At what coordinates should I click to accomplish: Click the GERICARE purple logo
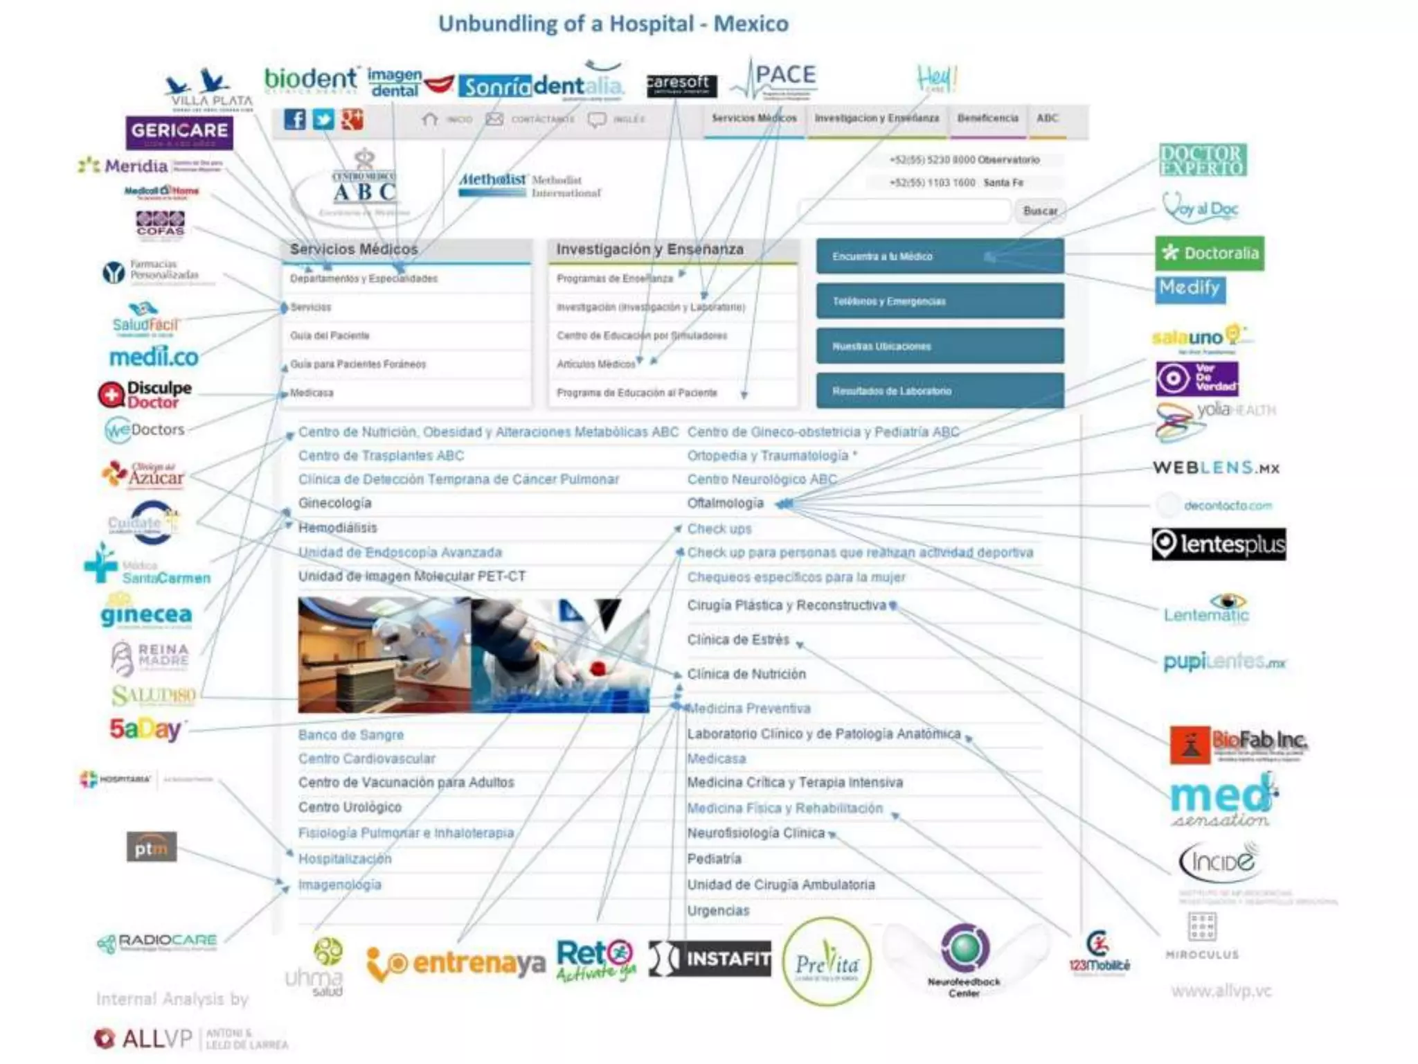tap(179, 132)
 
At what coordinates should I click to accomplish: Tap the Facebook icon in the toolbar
tap(294, 120)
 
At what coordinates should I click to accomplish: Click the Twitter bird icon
tap(323, 120)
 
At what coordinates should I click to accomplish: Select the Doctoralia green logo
tap(1210, 253)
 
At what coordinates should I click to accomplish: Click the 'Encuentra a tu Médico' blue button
tap(940, 256)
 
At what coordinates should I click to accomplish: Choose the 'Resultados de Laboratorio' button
tap(940, 391)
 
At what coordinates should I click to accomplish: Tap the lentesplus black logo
tap(1219, 544)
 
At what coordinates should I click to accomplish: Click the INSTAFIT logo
tap(710, 959)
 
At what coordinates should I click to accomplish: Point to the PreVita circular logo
tap(826, 962)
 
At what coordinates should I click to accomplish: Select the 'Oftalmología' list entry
tap(725, 503)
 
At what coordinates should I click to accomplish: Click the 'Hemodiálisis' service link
tap(338, 528)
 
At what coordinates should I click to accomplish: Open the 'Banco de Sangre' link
tap(351, 735)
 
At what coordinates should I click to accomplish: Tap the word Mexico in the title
tap(751, 24)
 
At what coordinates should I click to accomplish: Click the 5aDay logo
tap(145, 729)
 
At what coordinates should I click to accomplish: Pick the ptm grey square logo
tap(152, 847)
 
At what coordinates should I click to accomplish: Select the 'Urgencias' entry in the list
tap(718, 911)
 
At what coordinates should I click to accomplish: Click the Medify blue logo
tap(1190, 288)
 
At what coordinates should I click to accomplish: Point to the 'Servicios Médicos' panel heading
tap(354, 249)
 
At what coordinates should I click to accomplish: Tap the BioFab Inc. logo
tap(1238, 745)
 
